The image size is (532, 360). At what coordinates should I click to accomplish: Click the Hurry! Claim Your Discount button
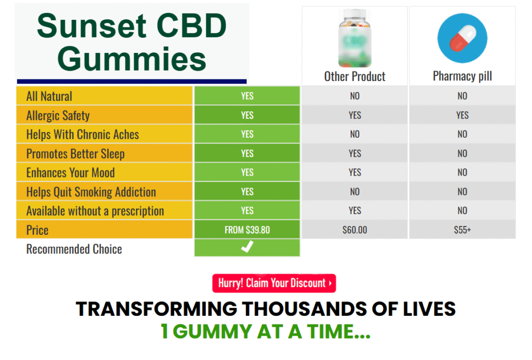click(274, 283)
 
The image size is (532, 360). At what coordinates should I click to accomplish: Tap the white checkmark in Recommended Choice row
click(247, 248)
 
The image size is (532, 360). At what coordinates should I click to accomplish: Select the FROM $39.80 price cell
click(247, 230)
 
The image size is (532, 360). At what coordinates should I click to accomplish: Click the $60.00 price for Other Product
click(355, 230)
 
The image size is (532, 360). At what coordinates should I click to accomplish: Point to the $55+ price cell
click(462, 230)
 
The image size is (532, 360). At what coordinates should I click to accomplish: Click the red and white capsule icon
click(462, 38)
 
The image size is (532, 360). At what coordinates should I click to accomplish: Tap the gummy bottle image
click(355, 37)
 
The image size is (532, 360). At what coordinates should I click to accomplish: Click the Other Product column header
click(355, 76)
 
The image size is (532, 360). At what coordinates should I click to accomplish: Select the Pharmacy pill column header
click(462, 76)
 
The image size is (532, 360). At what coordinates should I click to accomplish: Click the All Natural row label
click(49, 96)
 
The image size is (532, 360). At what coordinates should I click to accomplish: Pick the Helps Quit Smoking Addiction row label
click(91, 192)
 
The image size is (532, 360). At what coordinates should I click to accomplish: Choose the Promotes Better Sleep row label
click(75, 154)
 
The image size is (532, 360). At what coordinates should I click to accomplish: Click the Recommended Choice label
click(74, 249)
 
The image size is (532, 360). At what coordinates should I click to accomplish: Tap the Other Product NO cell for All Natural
click(355, 96)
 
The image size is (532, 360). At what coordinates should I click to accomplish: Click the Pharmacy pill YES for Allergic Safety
click(462, 115)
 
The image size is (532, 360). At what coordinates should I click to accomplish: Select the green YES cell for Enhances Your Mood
click(247, 172)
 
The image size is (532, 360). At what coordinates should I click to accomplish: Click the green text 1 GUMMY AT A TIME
click(265, 331)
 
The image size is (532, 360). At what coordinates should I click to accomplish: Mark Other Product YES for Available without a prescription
click(355, 210)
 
